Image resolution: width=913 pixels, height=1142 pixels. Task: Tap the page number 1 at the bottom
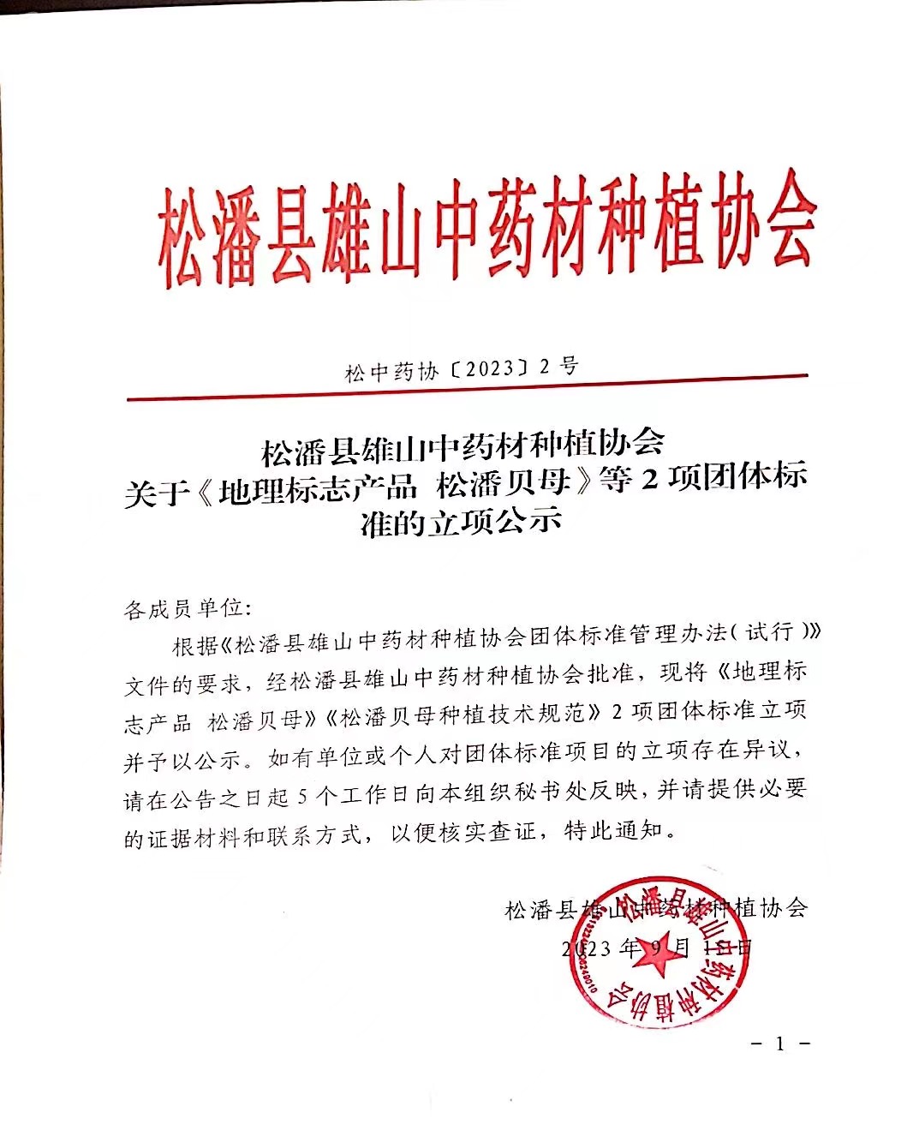click(x=779, y=1044)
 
